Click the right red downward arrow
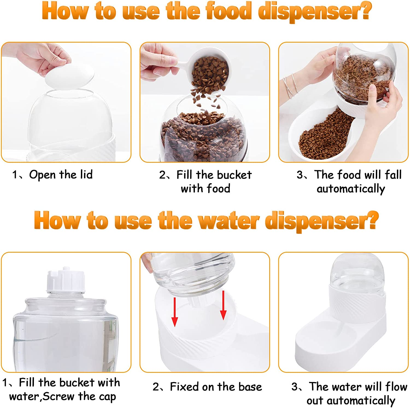tap(223, 305)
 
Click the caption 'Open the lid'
tap(61, 175)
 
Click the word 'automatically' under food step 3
tap(351, 189)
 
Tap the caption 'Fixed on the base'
tap(216, 387)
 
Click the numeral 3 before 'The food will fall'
tap(300, 175)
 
